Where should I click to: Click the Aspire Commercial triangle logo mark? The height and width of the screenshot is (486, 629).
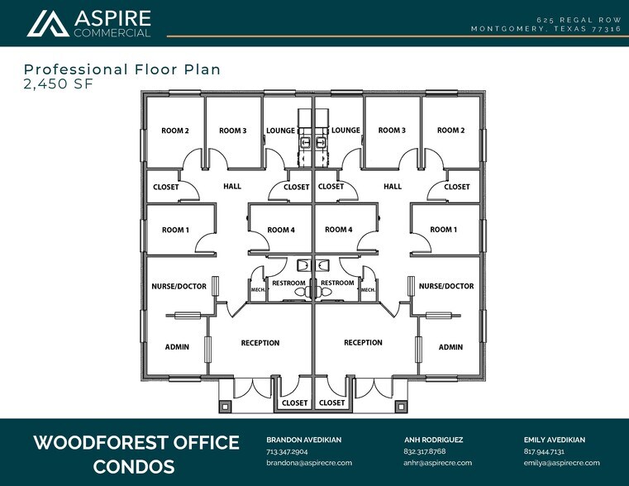tap(48, 24)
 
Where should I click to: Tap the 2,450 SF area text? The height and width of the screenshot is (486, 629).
tap(59, 83)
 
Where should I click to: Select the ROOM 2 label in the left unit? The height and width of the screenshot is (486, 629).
tap(175, 131)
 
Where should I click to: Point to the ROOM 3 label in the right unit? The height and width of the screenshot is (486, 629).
tap(392, 131)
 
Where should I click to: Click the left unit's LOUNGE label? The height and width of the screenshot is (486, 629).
tap(281, 131)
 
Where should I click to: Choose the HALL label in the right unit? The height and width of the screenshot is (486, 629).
tap(393, 187)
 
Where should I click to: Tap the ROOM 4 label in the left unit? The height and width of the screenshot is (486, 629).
tap(281, 230)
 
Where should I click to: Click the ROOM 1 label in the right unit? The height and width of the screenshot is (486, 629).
tap(443, 230)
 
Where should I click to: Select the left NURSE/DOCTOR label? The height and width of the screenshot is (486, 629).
tap(179, 286)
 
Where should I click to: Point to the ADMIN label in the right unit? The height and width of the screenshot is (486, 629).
tap(450, 347)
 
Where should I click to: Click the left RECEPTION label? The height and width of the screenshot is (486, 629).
tap(260, 343)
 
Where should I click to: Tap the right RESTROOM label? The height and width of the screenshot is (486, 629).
tap(337, 283)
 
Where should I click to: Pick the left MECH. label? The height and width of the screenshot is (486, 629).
tap(258, 289)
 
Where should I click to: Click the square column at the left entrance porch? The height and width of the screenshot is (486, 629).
tap(225, 407)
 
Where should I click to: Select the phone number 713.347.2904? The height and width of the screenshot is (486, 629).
tap(287, 451)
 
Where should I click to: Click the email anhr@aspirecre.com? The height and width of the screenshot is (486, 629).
tap(437, 463)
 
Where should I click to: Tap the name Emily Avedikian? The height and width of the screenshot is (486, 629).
tap(555, 440)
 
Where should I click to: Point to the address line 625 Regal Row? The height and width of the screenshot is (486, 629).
tap(579, 20)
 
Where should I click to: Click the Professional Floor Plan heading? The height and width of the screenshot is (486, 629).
tap(122, 69)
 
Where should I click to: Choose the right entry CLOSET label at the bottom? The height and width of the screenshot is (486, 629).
tap(331, 403)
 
